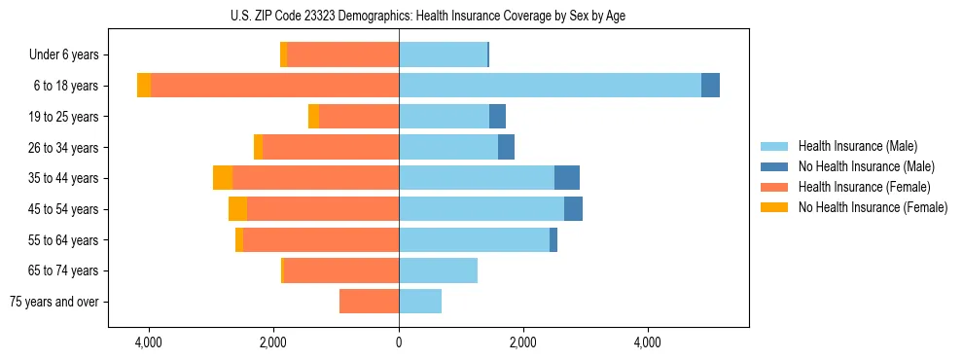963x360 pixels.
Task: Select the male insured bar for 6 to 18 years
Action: coord(550,86)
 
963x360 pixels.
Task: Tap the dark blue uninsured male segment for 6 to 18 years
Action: coord(710,86)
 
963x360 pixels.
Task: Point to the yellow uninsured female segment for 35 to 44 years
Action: coord(223,178)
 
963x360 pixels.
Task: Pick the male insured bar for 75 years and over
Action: coord(420,302)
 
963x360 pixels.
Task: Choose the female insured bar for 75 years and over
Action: coord(369,302)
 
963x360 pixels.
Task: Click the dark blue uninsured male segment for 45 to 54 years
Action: coord(573,209)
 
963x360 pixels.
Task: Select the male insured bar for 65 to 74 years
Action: coord(438,270)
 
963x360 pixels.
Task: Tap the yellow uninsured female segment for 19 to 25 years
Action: coord(313,117)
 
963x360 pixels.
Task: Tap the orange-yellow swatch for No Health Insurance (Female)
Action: coord(774,207)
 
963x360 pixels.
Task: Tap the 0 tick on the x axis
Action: coord(399,342)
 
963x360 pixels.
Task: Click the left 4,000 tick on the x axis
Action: coord(149,342)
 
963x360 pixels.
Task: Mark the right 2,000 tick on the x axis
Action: coord(523,342)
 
